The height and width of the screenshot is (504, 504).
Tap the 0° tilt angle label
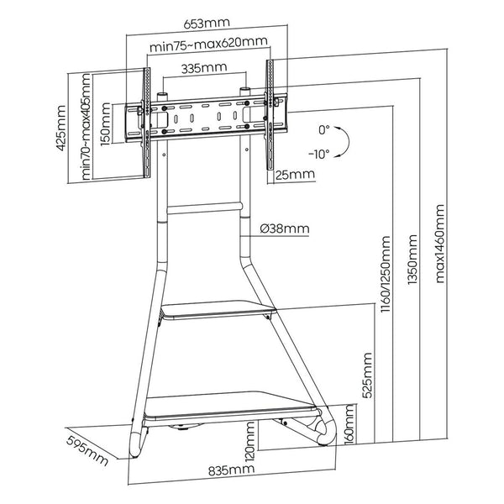(324, 131)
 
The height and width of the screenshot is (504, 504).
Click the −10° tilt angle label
(318, 155)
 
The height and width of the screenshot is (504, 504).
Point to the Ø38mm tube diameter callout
(285, 228)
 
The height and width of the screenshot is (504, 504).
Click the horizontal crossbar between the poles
(205, 205)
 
